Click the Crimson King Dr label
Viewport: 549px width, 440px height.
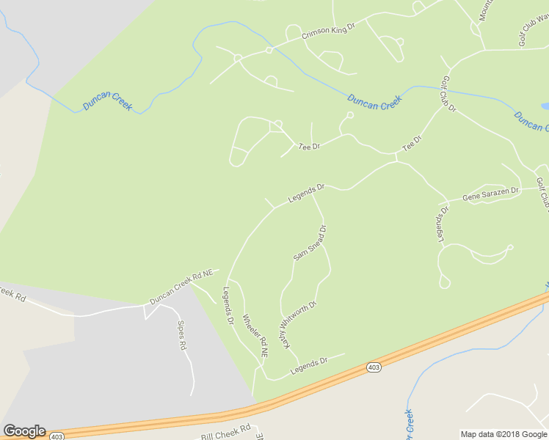[328, 29]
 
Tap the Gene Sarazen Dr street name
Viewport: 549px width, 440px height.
[490, 194]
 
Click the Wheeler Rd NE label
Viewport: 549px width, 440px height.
[255, 337]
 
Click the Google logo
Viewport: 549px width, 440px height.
[24, 431]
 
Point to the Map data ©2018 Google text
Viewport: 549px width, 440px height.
[503, 434]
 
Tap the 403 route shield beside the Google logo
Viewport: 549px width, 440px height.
[57, 436]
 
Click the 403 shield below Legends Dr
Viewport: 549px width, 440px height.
[374, 367]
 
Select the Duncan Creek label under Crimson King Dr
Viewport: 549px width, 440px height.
[374, 103]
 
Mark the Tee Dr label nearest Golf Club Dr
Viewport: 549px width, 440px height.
[412, 143]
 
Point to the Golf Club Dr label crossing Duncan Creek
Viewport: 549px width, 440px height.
[448, 95]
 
